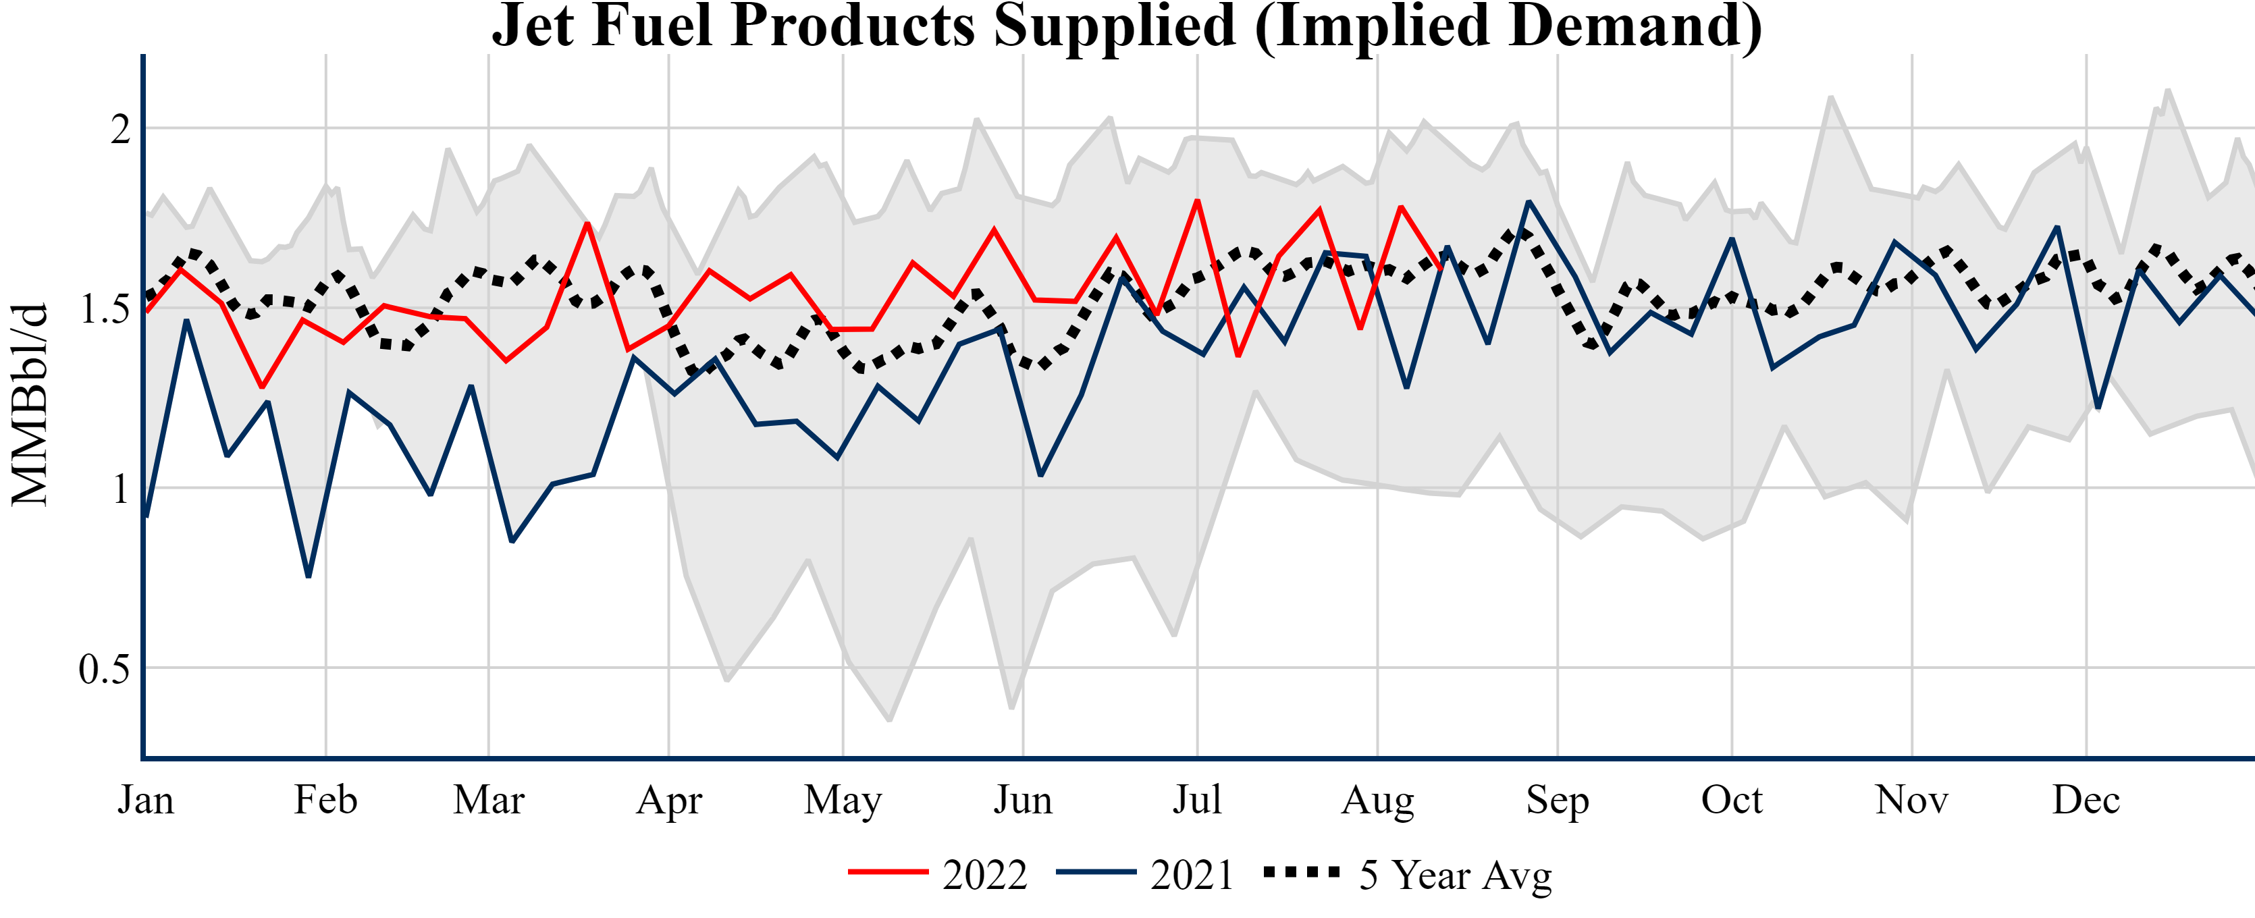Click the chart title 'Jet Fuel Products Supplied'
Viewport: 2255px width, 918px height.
click(x=1127, y=26)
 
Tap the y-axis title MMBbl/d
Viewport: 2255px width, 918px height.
click(x=30, y=404)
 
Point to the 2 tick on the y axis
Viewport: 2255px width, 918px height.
click(x=121, y=130)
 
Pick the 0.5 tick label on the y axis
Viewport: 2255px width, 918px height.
click(x=104, y=670)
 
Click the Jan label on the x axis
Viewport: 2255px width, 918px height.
click(x=145, y=800)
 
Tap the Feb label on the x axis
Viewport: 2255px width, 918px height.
click(x=325, y=800)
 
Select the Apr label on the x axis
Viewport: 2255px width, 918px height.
click(x=669, y=800)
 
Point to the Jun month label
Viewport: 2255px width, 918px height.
click(x=1022, y=800)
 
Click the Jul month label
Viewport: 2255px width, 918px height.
click(x=1196, y=800)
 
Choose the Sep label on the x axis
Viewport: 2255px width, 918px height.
click(x=1558, y=800)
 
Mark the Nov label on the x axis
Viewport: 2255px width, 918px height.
click(x=1912, y=800)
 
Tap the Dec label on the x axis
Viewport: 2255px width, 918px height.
click(x=2086, y=800)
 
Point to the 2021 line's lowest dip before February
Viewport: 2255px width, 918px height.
click(x=308, y=576)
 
